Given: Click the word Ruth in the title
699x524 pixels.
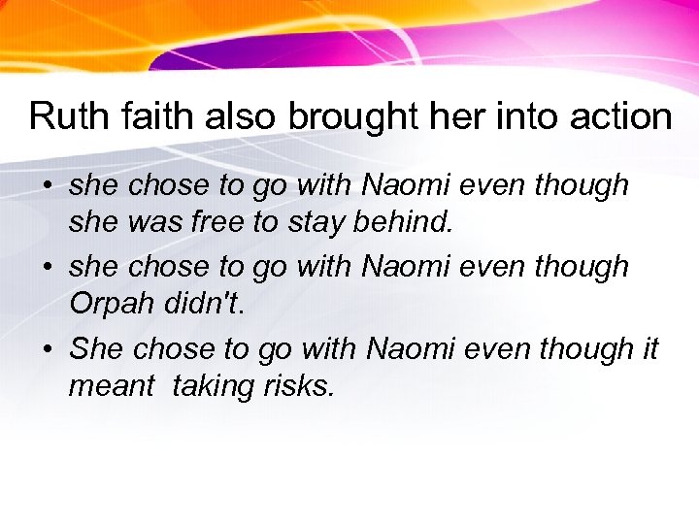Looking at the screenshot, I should click(x=61, y=116).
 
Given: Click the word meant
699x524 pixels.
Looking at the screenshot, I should click(x=111, y=386).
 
